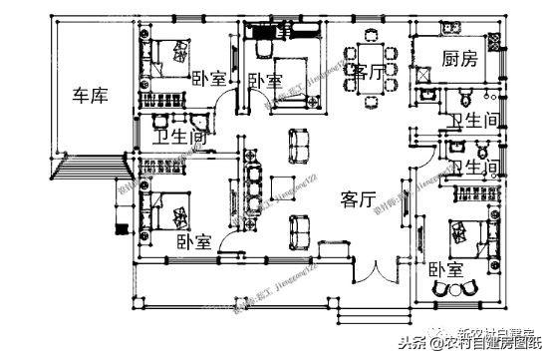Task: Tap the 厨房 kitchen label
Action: coord(459,59)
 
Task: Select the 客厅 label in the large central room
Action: coord(357,199)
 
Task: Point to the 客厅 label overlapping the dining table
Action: coord(365,72)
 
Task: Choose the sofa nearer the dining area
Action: coord(299,146)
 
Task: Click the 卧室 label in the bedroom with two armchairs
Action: coord(445,268)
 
